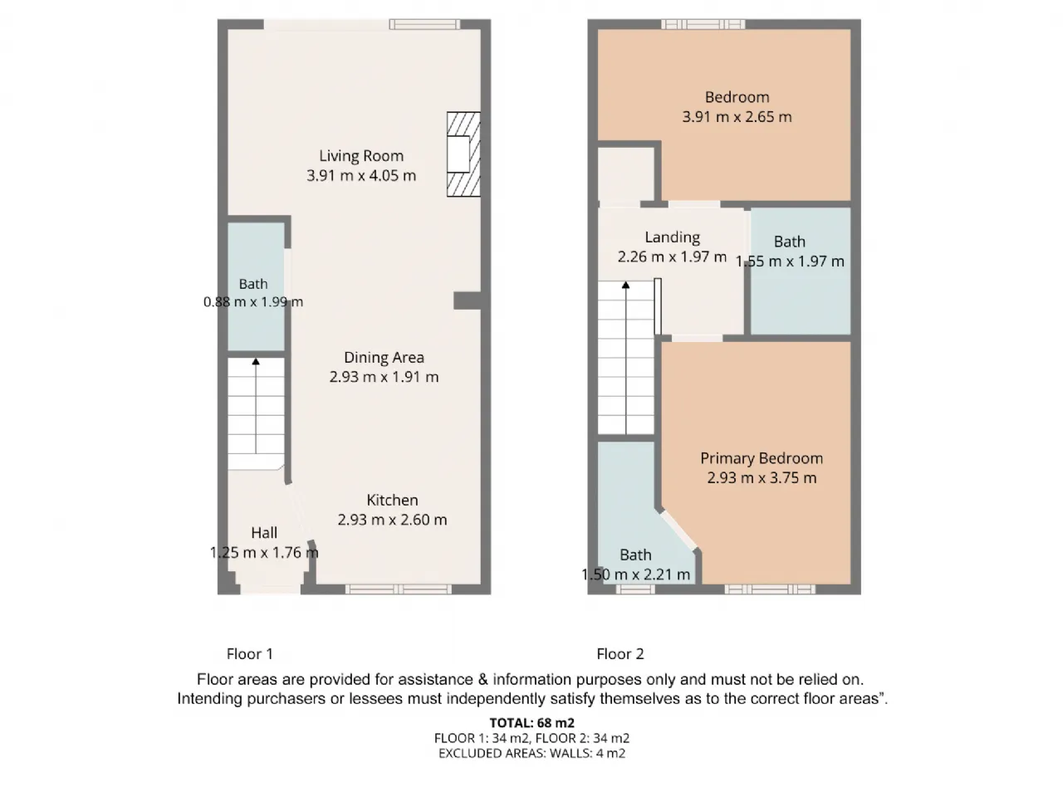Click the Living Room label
pos(360,156)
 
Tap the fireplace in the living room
pos(463,154)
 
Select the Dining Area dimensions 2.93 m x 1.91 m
pos(384,377)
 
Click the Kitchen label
pos(392,500)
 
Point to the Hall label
pos(264,533)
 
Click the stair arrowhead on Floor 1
pos(256,361)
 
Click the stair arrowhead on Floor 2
pos(625,285)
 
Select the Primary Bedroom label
pos(762,458)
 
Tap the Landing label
pos(672,237)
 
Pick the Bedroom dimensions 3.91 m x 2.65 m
pos(737,117)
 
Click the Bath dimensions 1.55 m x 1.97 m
pos(790,262)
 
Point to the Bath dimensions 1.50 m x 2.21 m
pos(635,575)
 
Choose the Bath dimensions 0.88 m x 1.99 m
pos(252,302)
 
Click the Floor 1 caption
pos(250,654)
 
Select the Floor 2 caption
pos(620,654)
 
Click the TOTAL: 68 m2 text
pos(531,723)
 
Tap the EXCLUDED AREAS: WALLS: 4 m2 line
pos(531,754)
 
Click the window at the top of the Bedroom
pos(703,24)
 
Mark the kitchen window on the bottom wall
pos(398,589)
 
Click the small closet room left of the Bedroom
pos(625,174)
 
